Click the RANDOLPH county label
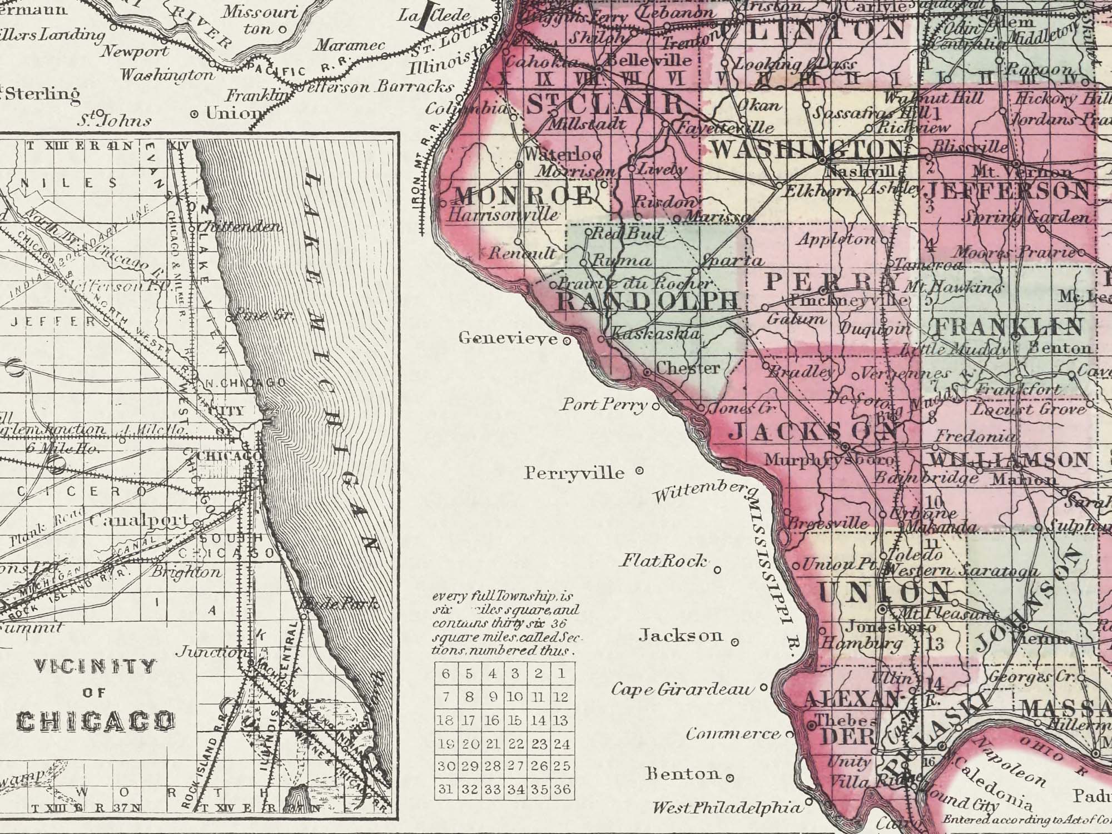[x=648, y=301]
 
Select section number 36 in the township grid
[x=562, y=789]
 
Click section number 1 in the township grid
[x=562, y=673]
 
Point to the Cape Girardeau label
[x=683, y=689]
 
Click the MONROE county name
[x=524, y=195]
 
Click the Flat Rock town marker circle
[x=717, y=569]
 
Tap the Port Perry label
[x=604, y=404]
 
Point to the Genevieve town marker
[x=567, y=341]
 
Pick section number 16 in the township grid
[x=492, y=720]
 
